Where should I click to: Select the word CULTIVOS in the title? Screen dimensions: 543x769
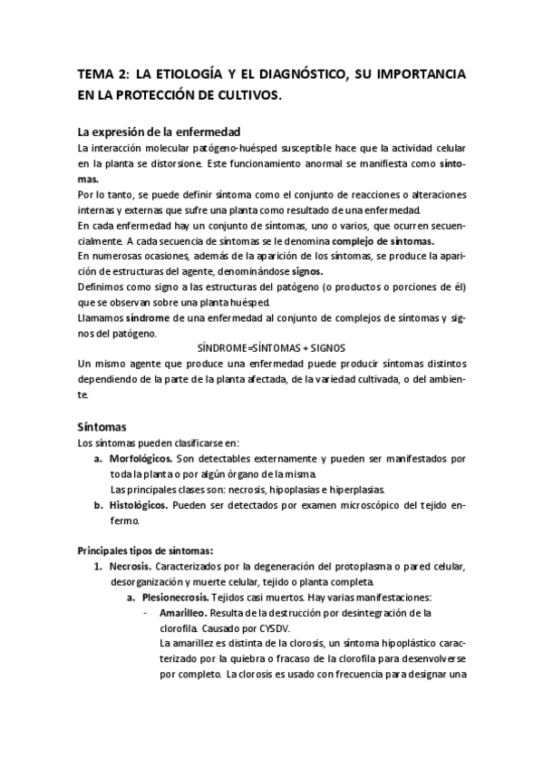(248, 93)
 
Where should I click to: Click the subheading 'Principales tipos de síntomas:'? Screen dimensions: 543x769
(145, 550)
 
